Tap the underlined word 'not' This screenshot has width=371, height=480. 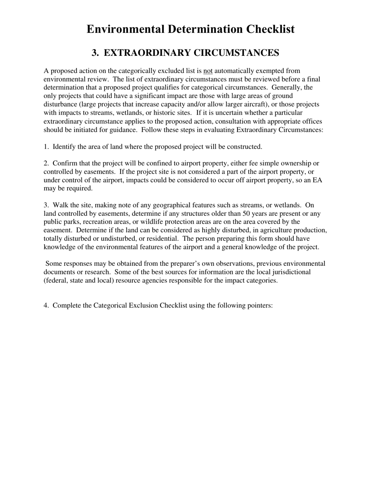[208, 71]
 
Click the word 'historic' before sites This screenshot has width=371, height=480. [163, 113]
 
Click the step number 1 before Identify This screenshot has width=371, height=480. [46, 147]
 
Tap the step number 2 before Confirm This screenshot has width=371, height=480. [46, 163]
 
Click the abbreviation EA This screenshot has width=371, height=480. [317, 180]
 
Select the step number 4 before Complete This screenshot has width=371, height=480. [46, 305]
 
